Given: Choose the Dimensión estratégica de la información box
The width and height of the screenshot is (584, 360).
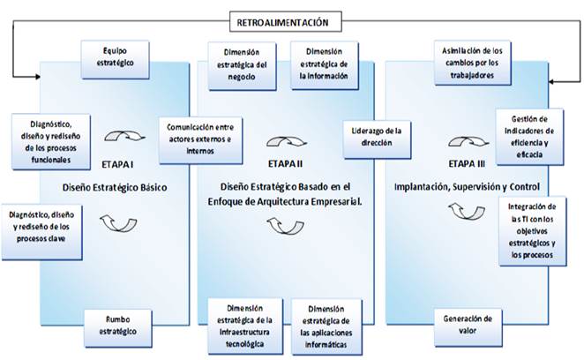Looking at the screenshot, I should click(x=325, y=64).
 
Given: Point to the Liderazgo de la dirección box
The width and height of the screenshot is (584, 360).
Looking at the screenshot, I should click(x=376, y=138).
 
